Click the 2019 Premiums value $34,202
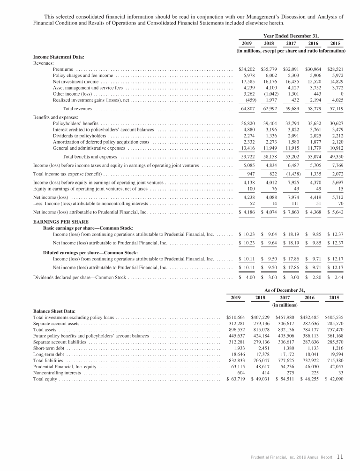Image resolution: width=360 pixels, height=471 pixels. (247, 69)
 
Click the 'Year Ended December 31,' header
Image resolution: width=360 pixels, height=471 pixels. (291, 35)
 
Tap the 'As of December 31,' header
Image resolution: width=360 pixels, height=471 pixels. (285, 290)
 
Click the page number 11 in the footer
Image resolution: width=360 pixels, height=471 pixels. (340, 456)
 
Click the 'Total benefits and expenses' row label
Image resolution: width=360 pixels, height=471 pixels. (90, 156)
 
